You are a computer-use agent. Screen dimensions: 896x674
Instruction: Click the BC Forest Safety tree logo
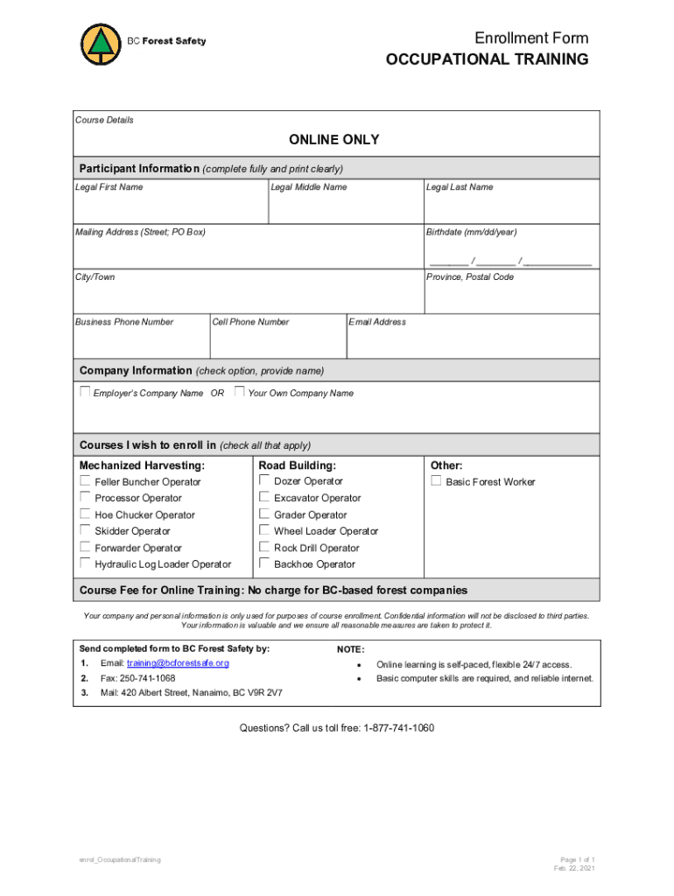[102, 44]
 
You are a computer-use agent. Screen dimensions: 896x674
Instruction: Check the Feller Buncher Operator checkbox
[85, 481]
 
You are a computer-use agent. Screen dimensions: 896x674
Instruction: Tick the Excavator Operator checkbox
[264, 497]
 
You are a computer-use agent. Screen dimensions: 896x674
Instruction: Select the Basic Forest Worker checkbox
[436, 481]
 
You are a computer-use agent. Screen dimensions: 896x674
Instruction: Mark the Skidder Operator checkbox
[85, 530]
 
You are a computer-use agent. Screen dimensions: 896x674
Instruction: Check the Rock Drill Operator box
[264, 547]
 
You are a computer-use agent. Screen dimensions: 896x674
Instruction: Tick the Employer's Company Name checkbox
[85, 392]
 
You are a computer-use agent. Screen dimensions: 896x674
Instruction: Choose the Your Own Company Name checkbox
[239, 392]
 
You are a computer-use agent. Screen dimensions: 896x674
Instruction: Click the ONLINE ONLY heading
[334, 140]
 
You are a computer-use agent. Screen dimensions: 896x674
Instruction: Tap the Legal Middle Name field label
[308, 187]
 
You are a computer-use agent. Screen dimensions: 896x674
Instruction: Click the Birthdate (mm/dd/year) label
[471, 232]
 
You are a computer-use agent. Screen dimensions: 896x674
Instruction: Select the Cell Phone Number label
[250, 322]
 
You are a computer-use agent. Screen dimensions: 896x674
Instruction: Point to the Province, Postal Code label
[470, 277]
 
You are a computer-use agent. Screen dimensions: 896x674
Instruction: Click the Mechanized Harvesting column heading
[142, 465]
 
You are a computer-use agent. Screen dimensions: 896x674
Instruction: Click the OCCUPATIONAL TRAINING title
[488, 59]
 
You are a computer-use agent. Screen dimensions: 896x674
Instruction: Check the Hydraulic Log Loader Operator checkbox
[85, 563]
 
